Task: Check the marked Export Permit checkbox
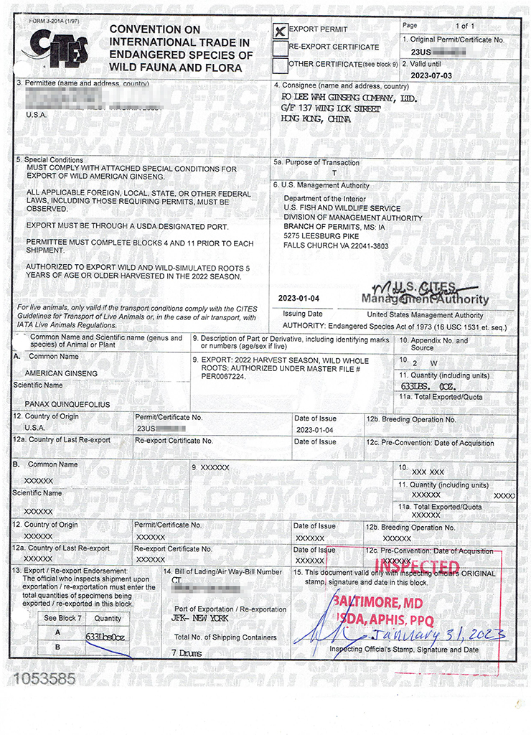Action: [281, 30]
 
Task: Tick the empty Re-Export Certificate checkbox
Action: [280, 48]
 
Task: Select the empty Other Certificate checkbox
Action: [280, 65]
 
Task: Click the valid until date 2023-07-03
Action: [432, 75]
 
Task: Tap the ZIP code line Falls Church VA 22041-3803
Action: [336, 245]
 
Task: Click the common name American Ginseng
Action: [62, 373]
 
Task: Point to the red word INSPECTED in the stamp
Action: [418, 567]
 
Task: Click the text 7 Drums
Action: [187, 654]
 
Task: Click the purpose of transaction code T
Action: [334, 174]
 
